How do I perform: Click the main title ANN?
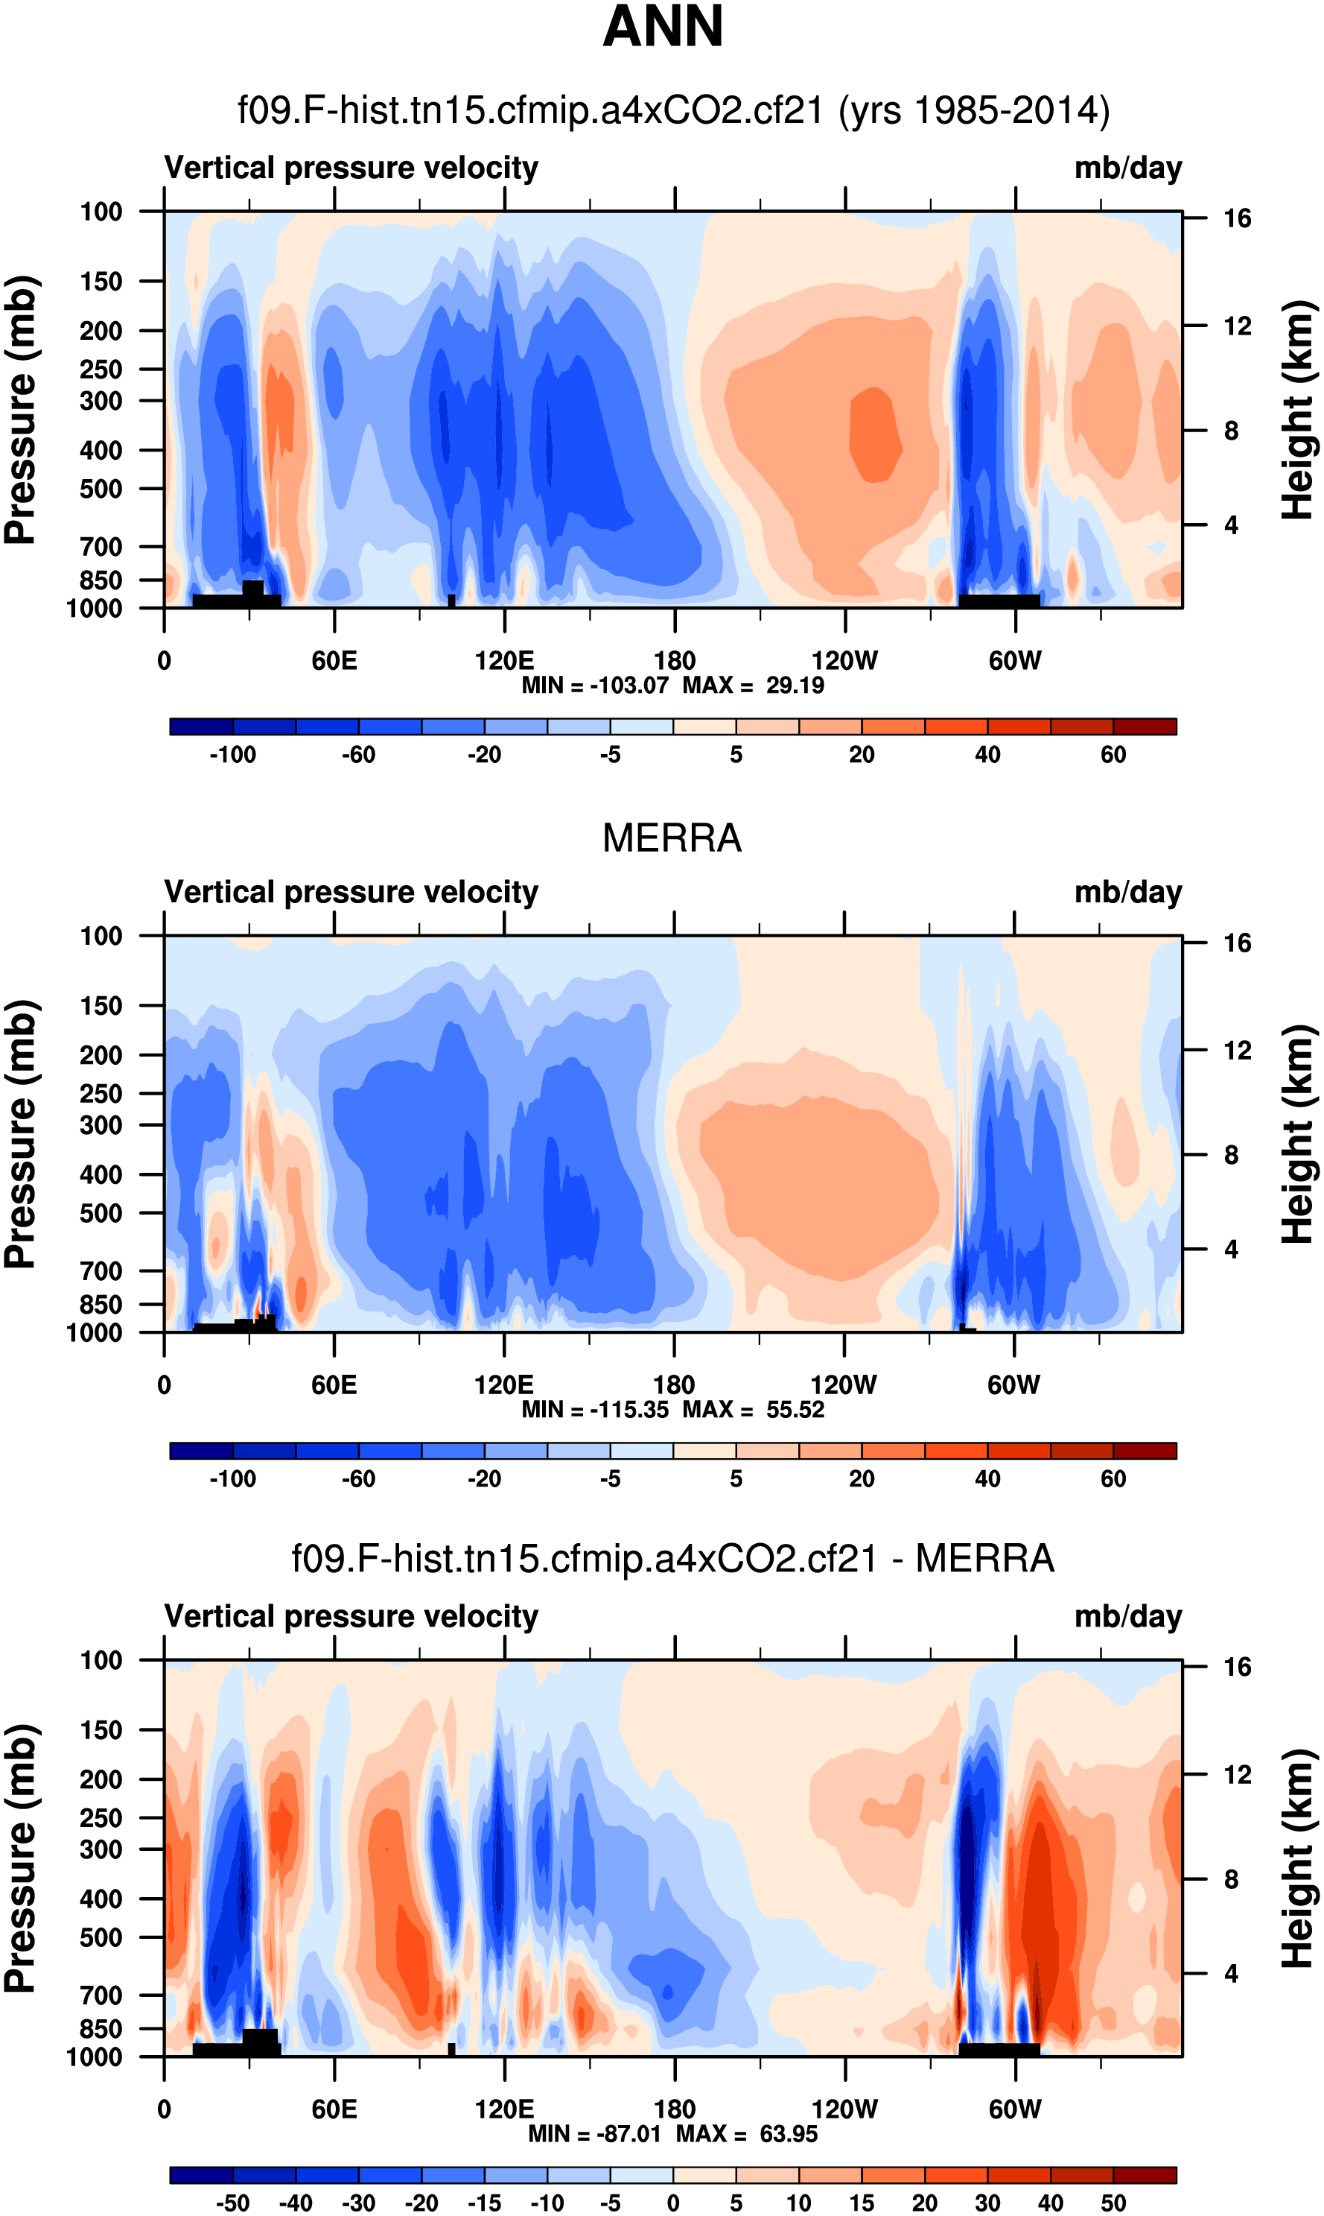pos(662,27)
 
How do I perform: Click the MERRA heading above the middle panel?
pos(672,838)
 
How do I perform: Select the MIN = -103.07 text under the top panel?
pos(595,686)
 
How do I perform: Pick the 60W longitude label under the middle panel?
pos(1013,1385)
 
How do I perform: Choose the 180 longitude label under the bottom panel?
pos(675,2109)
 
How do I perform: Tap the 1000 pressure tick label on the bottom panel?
pos(95,2057)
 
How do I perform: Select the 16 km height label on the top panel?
pos(1238,218)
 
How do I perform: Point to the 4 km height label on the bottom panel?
pos(1231,1974)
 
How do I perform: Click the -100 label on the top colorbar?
pos(233,755)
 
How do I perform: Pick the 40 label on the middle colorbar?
pos(987,1479)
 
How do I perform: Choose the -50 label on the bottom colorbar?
pos(233,2203)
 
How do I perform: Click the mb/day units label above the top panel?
pos(1127,168)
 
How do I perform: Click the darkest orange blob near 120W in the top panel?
pos(874,434)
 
